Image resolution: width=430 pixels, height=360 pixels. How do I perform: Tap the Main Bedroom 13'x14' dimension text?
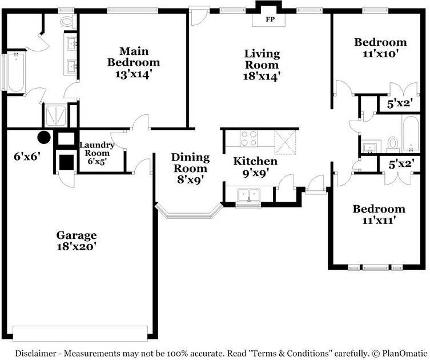134,74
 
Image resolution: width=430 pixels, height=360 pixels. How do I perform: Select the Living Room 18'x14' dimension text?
262,76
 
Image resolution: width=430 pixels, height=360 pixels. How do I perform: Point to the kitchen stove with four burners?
249,139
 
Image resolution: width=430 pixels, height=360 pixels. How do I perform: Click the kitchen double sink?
248,195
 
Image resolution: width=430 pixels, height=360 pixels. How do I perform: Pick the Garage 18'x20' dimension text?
76,247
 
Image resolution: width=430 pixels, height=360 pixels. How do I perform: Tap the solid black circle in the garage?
43,137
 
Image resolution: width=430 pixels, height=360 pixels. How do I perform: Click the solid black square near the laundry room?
67,162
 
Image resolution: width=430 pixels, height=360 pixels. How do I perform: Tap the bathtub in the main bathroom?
15,72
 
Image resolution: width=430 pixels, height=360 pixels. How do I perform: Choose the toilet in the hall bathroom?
392,142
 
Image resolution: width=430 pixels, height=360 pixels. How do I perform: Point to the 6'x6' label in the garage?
27,155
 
